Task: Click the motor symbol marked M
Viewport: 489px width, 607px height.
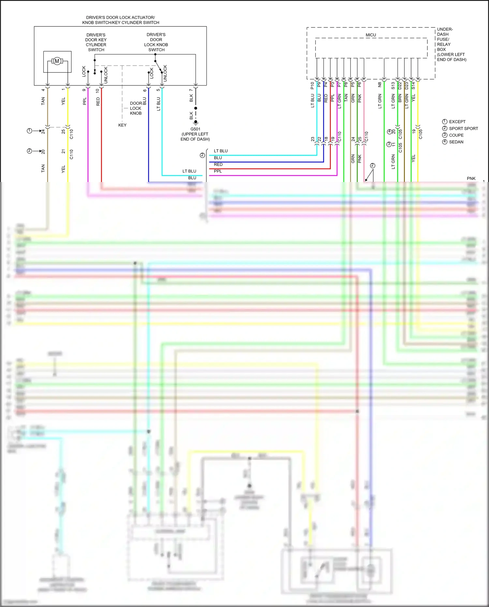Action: (57, 61)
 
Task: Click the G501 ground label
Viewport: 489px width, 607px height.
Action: (195, 129)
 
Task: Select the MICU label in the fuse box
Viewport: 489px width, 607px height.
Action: (371, 35)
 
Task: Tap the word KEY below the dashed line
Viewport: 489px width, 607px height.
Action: (122, 125)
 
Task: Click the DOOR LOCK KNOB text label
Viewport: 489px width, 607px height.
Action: (136, 108)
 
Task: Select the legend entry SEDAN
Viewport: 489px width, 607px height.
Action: (456, 142)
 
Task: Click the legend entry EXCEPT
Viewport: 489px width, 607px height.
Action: (457, 122)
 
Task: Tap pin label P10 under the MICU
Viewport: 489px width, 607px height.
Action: (312, 86)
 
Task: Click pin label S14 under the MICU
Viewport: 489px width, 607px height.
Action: (413, 86)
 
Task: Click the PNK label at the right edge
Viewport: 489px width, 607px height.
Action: (471, 178)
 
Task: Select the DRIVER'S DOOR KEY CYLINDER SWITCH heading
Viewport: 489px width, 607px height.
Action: (96, 42)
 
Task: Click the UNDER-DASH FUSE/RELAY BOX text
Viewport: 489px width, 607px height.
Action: (451, 44)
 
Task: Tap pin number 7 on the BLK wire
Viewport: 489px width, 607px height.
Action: (191, 90)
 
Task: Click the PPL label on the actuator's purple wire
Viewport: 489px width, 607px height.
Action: (85, 101)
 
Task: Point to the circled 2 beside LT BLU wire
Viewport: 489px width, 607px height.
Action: (202, 155)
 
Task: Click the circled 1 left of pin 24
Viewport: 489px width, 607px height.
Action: (29, 131)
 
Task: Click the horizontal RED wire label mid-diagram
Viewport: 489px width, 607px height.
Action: (218, 164)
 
